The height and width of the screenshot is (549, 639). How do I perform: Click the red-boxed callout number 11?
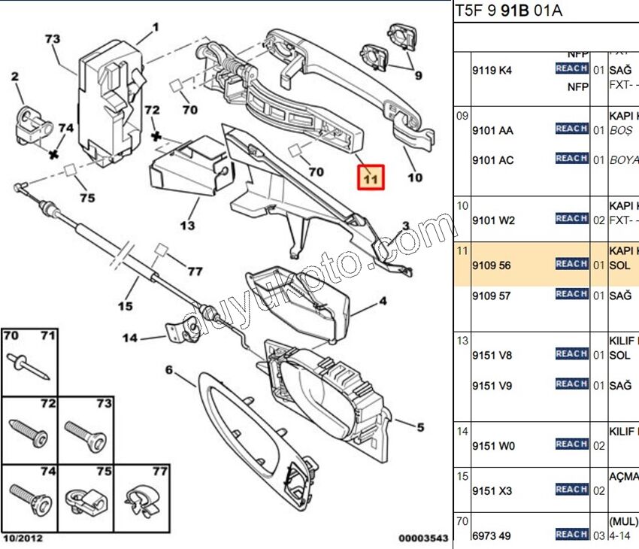pos(371,178)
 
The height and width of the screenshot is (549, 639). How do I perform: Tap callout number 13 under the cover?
pos(186,225)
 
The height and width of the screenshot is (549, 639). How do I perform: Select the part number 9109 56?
pos(491,265)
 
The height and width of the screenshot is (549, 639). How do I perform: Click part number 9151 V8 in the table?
pos(492,356)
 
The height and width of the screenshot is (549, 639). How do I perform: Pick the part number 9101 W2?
pos(493,220)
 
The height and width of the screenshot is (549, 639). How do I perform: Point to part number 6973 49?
pos(492,535)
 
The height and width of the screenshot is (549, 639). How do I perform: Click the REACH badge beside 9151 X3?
pos(571,490)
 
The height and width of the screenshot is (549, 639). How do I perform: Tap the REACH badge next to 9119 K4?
pos(571,68)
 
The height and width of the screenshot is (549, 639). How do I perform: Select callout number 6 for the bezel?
pos(169,369)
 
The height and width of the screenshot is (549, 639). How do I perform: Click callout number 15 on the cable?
pos(125,305)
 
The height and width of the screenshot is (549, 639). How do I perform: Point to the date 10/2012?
pos(23,538)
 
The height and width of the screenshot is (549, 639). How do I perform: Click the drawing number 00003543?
pos(423,538)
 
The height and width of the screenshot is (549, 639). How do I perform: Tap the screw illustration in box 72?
pos(29,432)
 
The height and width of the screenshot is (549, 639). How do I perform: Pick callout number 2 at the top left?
pos(14,76)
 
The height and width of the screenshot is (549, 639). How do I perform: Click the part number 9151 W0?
pos(493,446)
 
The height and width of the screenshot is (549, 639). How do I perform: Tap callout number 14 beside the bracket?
pos(130,338)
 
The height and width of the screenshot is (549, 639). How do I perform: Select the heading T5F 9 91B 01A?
pos(508,11)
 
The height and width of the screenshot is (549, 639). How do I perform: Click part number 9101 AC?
pos(493,160)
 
